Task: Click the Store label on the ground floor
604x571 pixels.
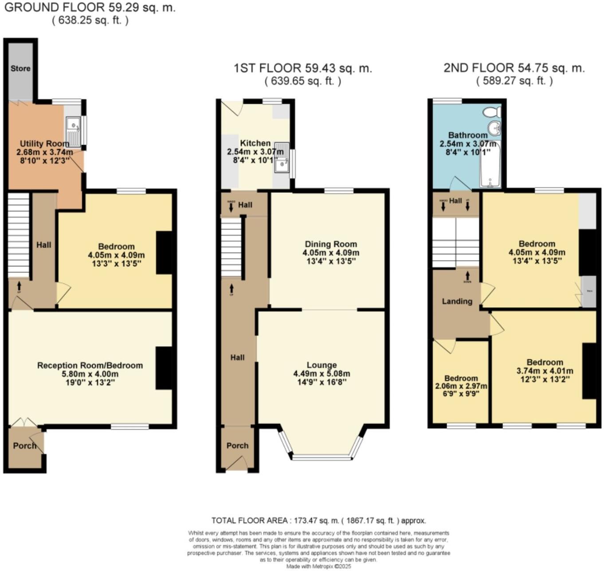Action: [x=20, y=68]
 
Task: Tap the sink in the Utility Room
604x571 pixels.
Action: [x=74, y=126]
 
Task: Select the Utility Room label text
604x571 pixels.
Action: [x=44, y=144]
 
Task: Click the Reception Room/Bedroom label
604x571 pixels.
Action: [x=90, y=366]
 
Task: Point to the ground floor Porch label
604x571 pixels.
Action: [x=24, y=446]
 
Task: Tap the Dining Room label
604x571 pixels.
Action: [x=331, y=244]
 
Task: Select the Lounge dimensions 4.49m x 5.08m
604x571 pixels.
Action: [x=322, y=374]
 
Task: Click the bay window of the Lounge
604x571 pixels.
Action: [x=323, y=457]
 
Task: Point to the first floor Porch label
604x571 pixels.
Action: [x=237, y=446]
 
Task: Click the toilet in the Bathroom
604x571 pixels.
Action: [x=492, y=111]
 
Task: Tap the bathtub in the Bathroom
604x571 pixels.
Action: [x=490, y=166]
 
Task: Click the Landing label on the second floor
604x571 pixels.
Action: [x=457, y=301]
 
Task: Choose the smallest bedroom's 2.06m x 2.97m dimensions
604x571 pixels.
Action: [x=461, y=386]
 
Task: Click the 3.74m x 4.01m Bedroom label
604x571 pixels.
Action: [x=545, y=362]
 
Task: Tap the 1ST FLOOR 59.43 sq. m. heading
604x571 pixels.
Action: [x=303, y=68]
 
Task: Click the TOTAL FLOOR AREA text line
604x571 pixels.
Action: [x=318, y=520]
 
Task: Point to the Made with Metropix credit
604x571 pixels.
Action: [x=318, y=566]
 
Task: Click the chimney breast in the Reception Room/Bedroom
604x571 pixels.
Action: [x=164, y=368]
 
